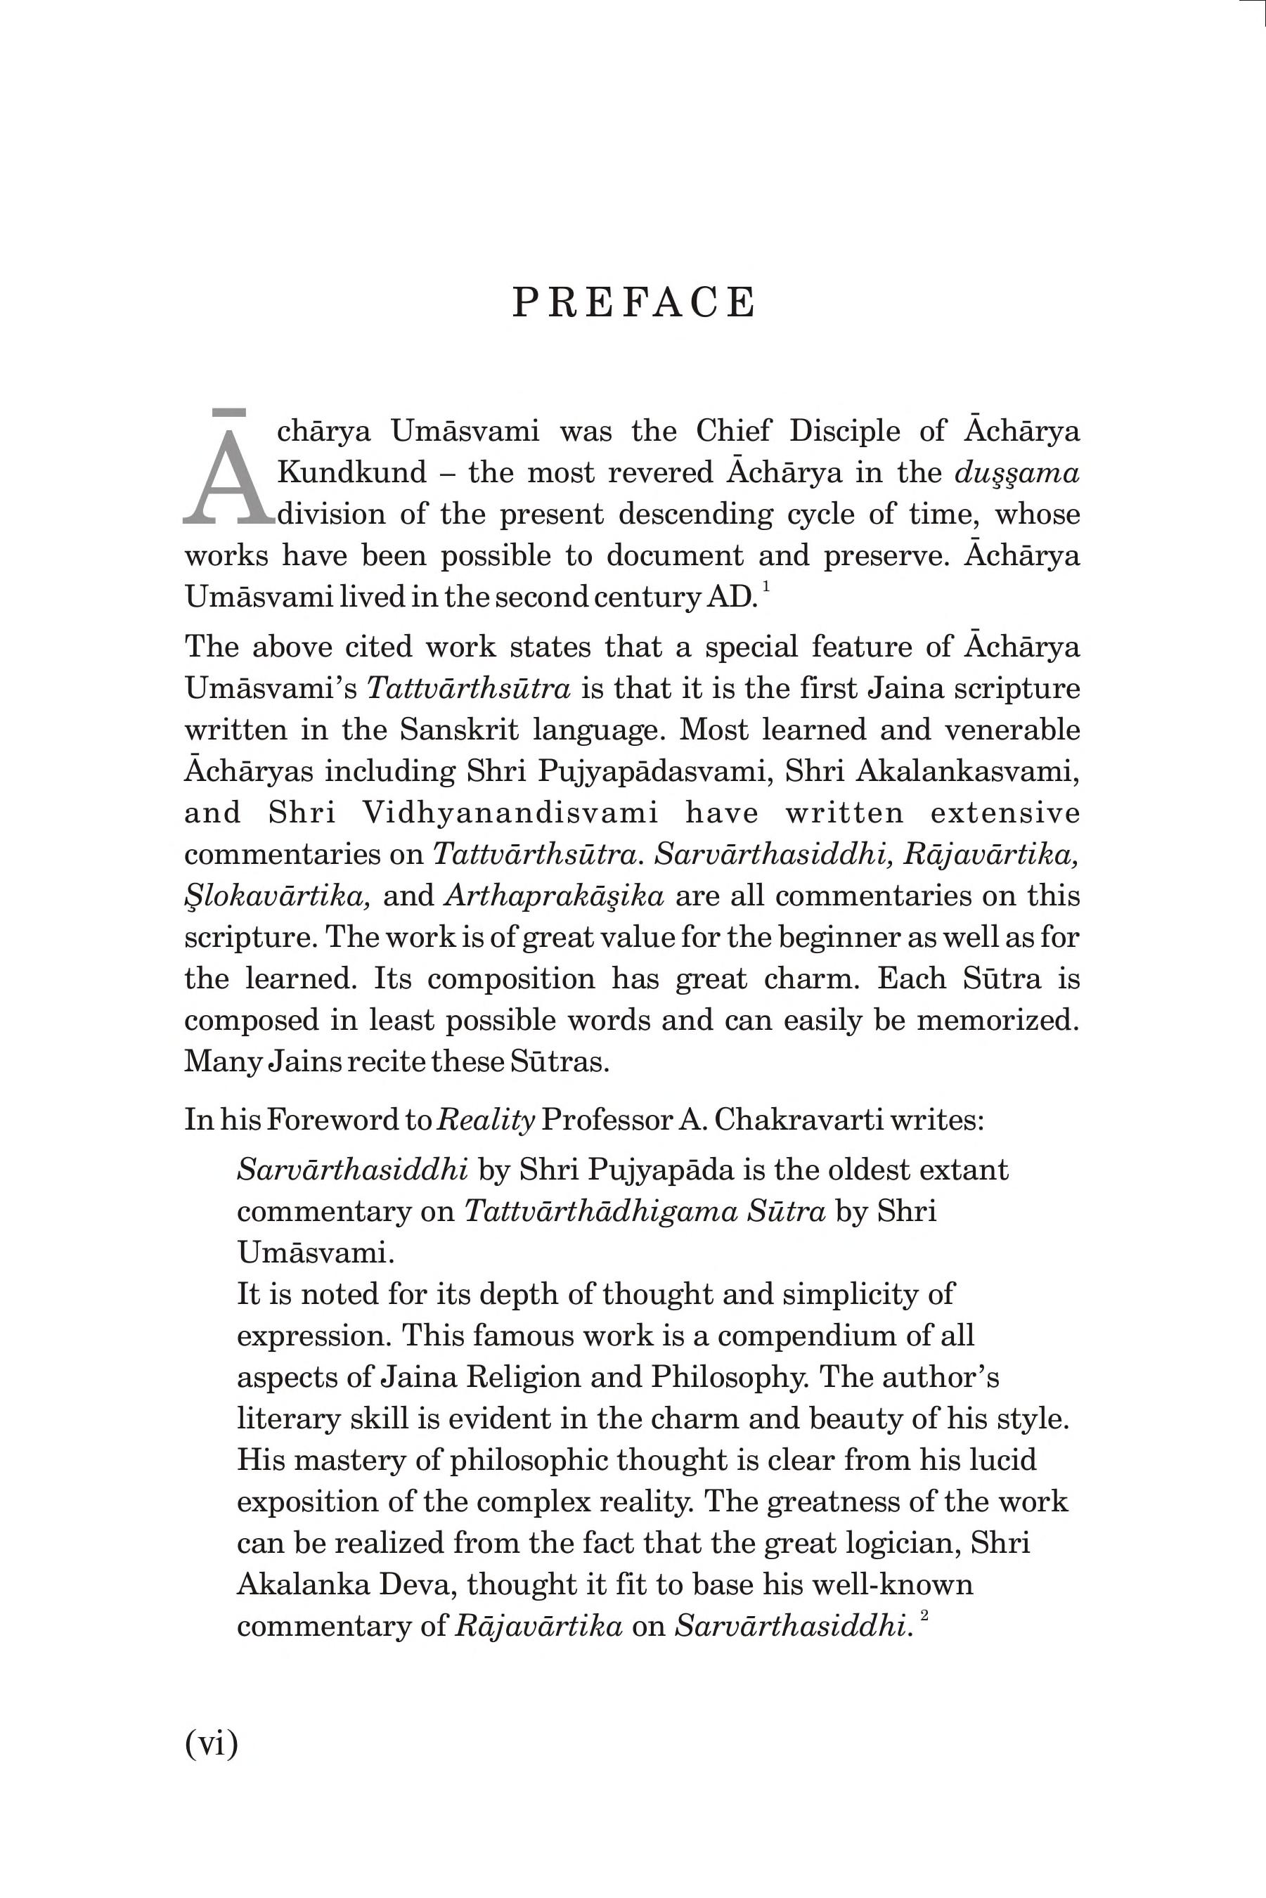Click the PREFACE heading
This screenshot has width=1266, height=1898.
pos(634,303)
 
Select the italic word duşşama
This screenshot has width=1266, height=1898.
pos(1016,472)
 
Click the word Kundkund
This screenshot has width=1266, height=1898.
pos(352,472)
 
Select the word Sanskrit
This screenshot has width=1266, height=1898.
pos(458,730)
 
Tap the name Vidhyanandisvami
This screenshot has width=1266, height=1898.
pos(510,812)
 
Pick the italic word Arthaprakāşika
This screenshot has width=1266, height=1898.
pos(554,896)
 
